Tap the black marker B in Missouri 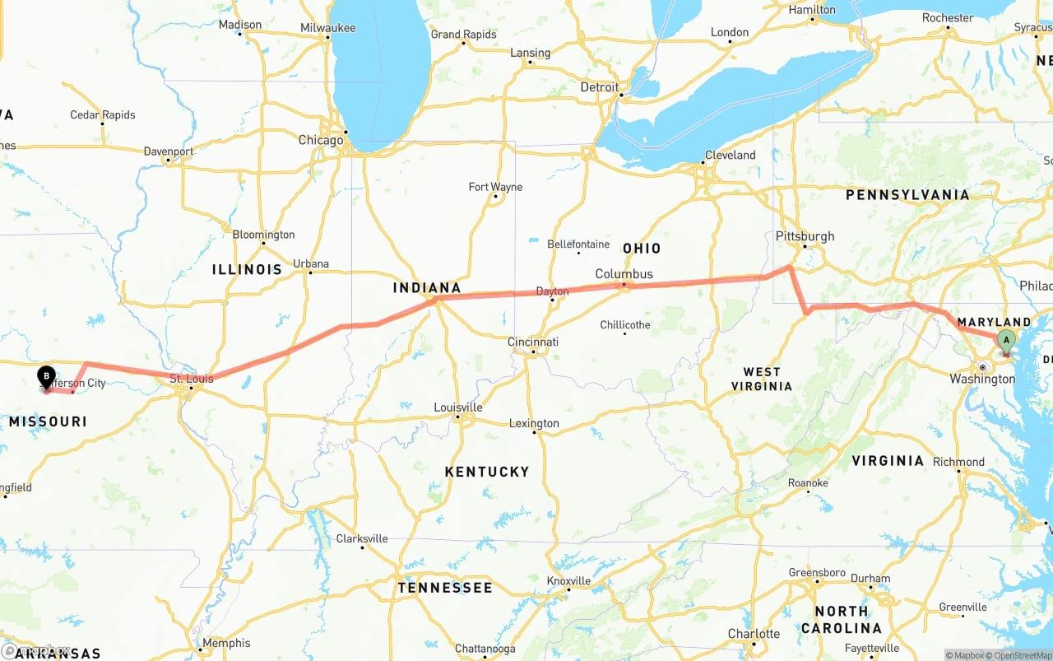click(x=46, y=377)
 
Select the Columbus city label click(x=624, y=274)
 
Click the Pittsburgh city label click(x=805, y=236)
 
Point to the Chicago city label click(x=321, y=141)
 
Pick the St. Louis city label click(x=191, y=379)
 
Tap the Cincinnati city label click(x=532, y=342)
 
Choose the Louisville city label click(x=458, y=407)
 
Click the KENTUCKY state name click(x=487, y=472)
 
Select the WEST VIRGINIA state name click(x=761, y=379)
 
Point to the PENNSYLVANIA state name click(x=907, y=195)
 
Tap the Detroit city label click(x=599, y=87)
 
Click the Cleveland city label click(x=730, y=155)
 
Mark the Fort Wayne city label click(x=495, y=187)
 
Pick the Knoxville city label click(x=568, y=580)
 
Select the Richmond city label click(x=958, y=462)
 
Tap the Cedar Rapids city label click(x=103, y=115)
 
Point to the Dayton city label click(x=552, y=291)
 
